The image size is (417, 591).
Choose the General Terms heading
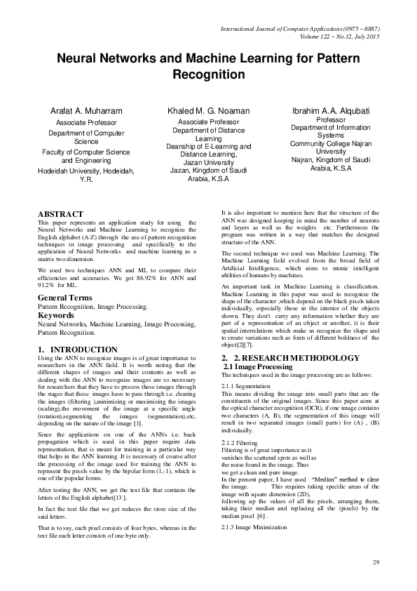66,299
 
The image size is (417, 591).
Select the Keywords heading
56,316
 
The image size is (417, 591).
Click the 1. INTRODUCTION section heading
77,349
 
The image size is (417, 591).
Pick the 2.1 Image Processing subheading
257,367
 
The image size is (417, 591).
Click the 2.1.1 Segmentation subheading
245,387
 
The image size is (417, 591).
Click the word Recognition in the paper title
209,74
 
